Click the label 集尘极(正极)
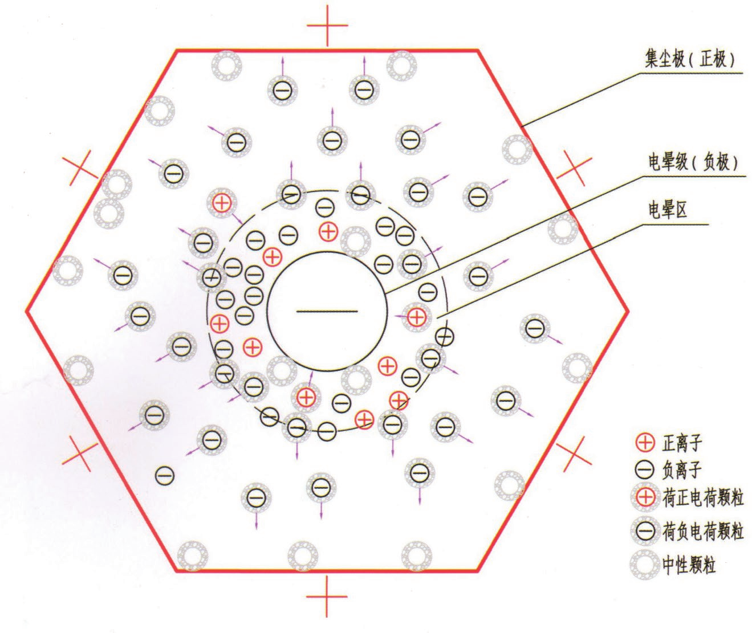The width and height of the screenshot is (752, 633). point(689,59)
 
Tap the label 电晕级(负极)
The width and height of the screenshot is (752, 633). point(693,162)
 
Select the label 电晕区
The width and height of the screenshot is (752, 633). point(668,209)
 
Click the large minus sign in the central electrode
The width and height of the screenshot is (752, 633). point(327,311)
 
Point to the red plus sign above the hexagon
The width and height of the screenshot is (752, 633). point(327,25)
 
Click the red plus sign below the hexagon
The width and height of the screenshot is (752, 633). point(327,596)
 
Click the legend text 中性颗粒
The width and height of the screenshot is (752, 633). point(689,565)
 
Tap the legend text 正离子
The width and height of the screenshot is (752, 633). point(682,443)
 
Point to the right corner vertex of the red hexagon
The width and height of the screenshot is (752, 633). point(628,311)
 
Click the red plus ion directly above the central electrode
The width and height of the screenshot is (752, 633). point(328,231)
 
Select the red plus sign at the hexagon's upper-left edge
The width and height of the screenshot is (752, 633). point(80,168)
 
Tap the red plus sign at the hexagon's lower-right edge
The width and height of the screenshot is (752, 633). point(575,454)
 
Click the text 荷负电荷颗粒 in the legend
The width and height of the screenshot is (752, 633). point(703,532)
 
